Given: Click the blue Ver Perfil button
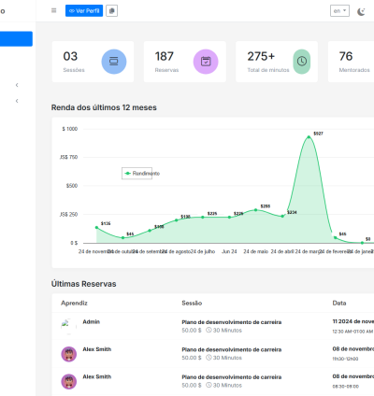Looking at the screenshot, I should point(84,10).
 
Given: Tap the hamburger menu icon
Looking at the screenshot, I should point(53,10).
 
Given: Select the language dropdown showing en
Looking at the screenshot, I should point(339,10).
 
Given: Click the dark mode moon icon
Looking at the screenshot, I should point(362,10).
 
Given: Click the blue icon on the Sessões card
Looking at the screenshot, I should point(113,62).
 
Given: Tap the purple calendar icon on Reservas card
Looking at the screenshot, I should point(206,62).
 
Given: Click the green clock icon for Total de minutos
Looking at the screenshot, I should point(301,62).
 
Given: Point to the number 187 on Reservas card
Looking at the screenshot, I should point(165,57).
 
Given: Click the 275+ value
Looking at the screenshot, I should point(262,57).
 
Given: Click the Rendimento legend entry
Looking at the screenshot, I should point(141,173).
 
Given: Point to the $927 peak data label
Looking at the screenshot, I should point(318,134).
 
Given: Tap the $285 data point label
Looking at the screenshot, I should point(265,205).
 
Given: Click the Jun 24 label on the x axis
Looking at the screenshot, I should point(229,251).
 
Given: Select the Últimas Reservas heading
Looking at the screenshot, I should point(84,283).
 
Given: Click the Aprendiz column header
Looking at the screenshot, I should point(74,304).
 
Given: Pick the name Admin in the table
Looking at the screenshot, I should point(91,321).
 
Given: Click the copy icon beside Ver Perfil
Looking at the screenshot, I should point(112,10).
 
